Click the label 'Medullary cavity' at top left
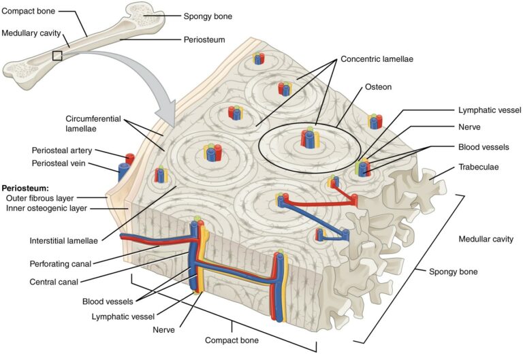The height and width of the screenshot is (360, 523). point(31,33)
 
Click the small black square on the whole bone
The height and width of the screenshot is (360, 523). point(57,55)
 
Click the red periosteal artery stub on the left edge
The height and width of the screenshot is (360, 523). point(130,159)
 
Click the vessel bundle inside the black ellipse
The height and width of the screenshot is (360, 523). point(310,139)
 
